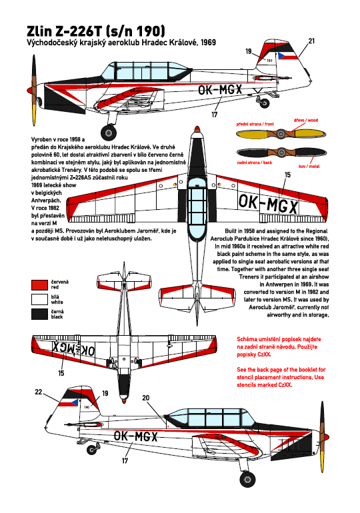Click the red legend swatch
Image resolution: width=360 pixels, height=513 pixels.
(39, 284)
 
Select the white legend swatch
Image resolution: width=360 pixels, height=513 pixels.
(39, 299)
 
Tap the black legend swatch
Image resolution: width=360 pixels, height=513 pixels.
(39, 314)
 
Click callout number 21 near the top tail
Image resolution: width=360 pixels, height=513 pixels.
(311, 41)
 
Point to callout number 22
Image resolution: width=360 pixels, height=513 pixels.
(39, 392)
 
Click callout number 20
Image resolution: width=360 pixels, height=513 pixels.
(145, 398)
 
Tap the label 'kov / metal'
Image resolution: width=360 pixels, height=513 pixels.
(309, 166)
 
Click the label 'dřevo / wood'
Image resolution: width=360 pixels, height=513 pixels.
(306, 120)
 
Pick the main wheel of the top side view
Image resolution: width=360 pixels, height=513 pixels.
(109, 132)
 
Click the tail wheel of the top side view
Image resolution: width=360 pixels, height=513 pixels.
(265, 103)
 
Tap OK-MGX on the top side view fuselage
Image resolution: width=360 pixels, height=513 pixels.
(220, 89)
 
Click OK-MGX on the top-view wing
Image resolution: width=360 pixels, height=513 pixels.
(269, 204)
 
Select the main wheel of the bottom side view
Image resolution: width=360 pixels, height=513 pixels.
(248, 478)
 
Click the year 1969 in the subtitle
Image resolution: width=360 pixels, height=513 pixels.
(209, 42)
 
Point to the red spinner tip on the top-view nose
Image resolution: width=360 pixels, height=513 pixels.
(197, 129)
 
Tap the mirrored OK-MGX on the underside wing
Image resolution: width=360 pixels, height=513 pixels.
(74, 348)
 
